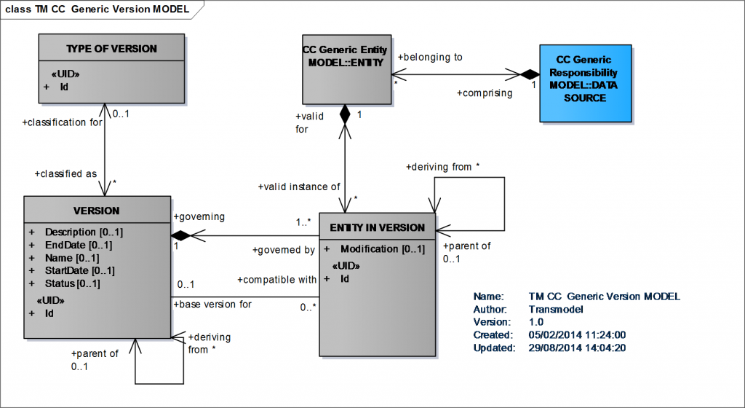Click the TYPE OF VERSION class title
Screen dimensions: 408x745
coord(111,49)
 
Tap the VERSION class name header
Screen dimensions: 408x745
coord(97,211)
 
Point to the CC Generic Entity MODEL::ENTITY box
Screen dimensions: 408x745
coord(345,68)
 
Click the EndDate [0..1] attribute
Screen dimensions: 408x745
coord(78,245)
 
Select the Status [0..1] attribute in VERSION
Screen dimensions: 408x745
coord(72,283)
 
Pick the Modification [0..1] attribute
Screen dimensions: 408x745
coord(382,248)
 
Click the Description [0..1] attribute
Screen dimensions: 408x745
coord(84,232)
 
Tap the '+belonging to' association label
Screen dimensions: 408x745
coord(430,57)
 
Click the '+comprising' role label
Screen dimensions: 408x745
coord(484,93)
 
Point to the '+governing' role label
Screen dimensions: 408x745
coord(199,216)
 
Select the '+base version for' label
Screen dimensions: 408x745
coord(212,304)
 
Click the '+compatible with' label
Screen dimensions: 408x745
coord(277,279)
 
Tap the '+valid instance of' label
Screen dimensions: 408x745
coord(298,187)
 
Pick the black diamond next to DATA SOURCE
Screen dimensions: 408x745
coord(528,74)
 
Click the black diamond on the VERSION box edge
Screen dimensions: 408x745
coord(180,235)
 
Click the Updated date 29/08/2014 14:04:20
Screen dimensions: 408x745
coord(577,348)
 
